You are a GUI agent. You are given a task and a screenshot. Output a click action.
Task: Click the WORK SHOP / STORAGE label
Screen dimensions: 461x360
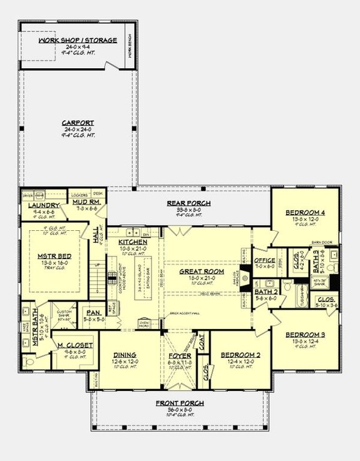[78, 41]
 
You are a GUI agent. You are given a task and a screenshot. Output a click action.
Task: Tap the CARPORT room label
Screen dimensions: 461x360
[78, 123]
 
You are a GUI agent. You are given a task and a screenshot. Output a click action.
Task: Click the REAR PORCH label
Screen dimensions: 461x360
[188, 203]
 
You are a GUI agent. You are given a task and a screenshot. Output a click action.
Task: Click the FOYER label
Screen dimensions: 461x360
[180, 355]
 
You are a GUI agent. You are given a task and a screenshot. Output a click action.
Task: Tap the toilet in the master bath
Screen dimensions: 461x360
[26, 362]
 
